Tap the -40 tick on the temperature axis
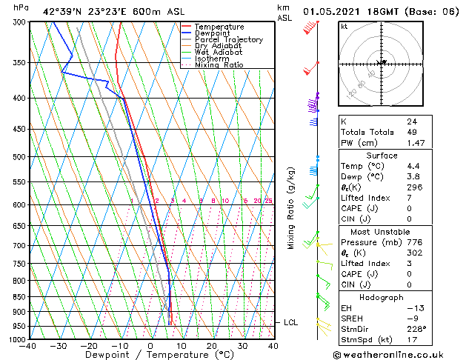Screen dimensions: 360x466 (x=28, y=346)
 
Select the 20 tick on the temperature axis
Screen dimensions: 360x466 (x=212, y=346)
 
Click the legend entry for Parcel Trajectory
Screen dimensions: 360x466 (x=228, y=39)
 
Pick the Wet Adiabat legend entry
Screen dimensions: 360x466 (x=219, y=52)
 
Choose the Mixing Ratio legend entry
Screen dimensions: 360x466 (x=219, y=65)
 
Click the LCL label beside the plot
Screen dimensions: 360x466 (x=290, y=322)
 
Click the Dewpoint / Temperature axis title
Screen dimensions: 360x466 (x=150, y=355)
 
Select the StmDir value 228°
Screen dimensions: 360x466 (x=416, y=328)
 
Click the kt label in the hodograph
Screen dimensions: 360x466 (x=344, y=27)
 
